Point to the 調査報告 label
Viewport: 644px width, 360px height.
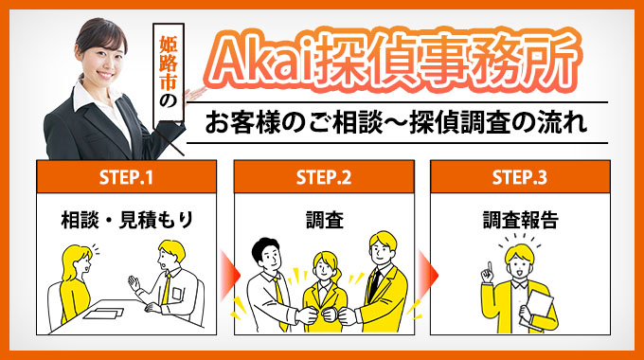tap(519, 220)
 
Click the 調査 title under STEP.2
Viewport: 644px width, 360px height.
tap(323, 220)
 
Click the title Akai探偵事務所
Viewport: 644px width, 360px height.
tap(396, 63)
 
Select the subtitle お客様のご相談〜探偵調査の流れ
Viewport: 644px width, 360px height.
tap(396, 123)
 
